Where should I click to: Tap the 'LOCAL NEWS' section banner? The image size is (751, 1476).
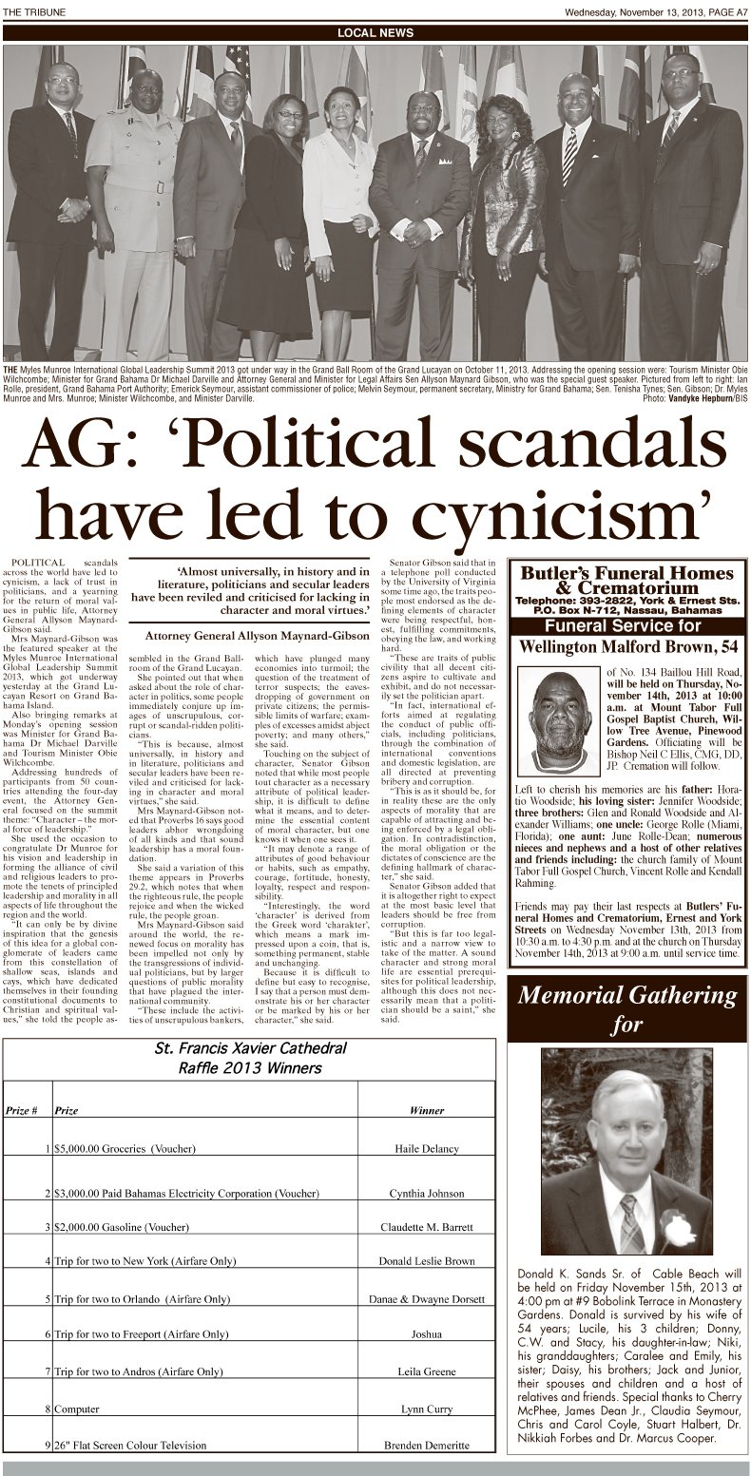(x=375, y=33)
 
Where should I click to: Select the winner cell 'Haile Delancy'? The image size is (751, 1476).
(x=426, y=1148)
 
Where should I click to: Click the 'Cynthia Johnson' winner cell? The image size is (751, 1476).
(x=426, y=1192)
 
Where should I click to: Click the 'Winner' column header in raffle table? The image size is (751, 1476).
(x=426, y=1109)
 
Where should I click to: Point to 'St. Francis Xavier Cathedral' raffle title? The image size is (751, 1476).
(x=253, y=1049)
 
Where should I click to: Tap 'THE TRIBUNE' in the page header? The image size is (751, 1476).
(x=30, y=10)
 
